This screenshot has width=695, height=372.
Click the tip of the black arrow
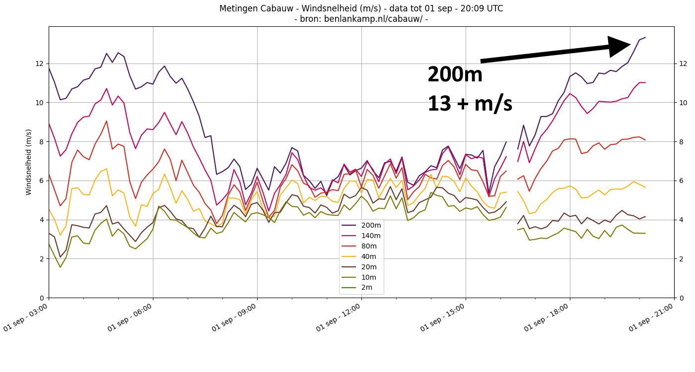click(x=629, y=45)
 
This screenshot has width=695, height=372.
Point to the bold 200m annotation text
click(x=455, y=75)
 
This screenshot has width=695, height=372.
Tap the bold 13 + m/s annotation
click(x=470, y=104)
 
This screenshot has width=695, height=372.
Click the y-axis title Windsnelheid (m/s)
click(x=29, y=162)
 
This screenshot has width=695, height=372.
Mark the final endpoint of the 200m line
click(x=645, y=37)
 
